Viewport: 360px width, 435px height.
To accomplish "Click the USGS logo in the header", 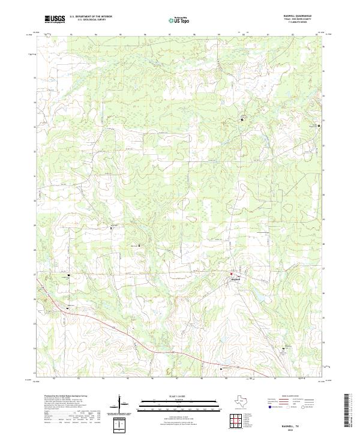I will coord(55,19).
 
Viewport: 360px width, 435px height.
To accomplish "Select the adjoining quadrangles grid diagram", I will coord(236,420).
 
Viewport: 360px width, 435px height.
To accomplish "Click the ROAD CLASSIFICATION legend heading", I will coord(291,396).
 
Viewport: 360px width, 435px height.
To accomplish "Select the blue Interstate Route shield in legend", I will coord(269,406).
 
